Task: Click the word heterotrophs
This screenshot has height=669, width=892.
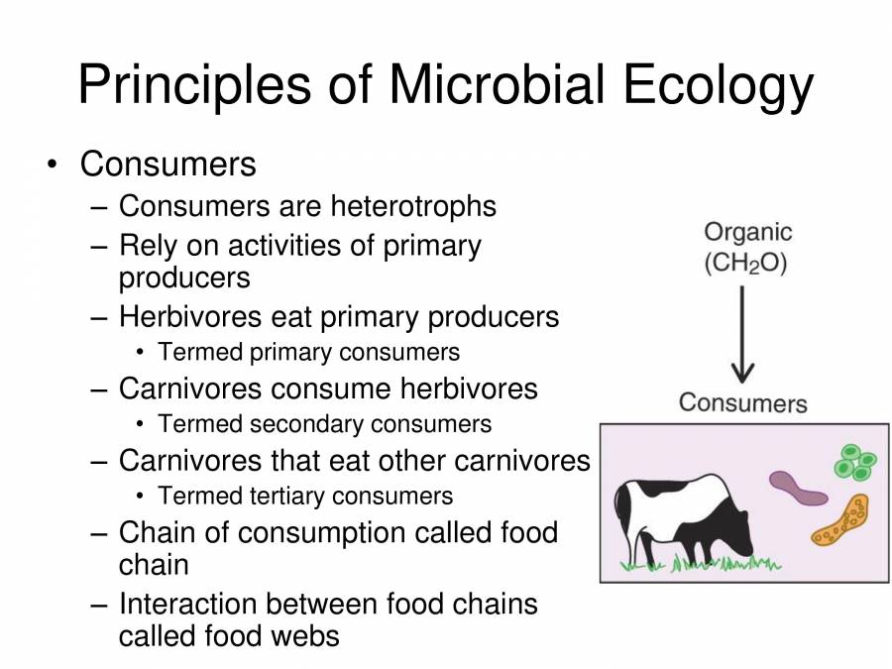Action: pos(413,206)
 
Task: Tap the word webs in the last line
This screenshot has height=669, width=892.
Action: pos(306,635)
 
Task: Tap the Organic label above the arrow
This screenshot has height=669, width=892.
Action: pos(748,232)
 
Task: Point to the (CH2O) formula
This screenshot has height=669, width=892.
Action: pos(744,265)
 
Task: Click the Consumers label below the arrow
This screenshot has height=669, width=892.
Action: pos(742,403)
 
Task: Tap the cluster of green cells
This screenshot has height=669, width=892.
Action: pos(853,461)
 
